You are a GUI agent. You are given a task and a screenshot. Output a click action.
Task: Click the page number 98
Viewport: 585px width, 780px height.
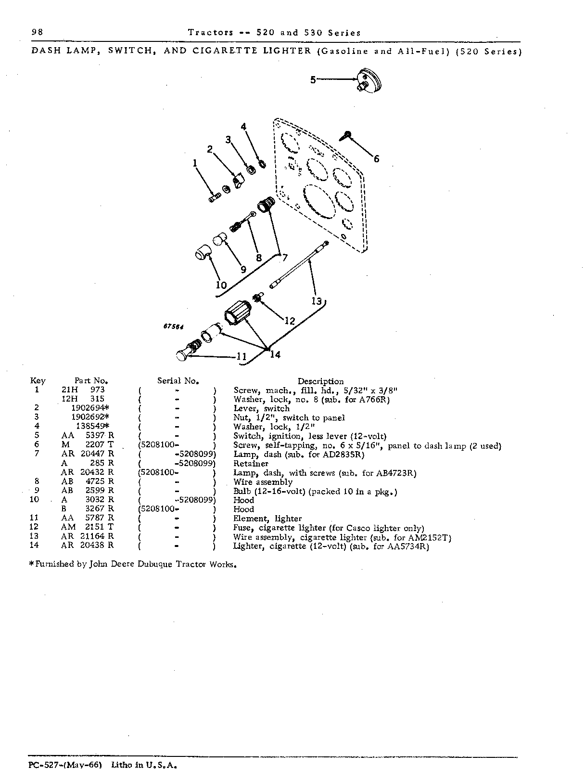(37, 32)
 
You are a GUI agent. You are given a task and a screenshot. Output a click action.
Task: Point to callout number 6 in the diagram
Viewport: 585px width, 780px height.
(376, 159)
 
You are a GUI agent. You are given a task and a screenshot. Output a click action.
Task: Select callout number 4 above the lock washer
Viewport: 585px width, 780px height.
(243, 127)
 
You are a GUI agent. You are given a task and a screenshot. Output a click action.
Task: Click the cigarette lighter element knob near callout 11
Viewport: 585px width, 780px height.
(182, 355)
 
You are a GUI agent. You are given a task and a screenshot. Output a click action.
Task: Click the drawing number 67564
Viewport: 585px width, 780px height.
(173, 326)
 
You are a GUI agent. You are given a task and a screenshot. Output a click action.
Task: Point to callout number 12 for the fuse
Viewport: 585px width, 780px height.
(290, 321)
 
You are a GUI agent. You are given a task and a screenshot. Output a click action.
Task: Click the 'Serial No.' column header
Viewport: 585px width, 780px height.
(178, 381)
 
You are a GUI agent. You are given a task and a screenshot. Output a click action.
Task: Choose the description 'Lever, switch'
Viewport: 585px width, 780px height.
(261, 409)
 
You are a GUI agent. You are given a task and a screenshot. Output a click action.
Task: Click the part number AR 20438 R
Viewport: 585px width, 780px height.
(88, 545)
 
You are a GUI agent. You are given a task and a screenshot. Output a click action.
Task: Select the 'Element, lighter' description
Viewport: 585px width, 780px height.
(267, 519)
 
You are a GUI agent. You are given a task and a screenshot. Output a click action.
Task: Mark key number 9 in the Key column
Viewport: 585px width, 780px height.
(37, 490)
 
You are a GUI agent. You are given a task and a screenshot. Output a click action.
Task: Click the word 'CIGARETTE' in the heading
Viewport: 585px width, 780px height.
(225, 51)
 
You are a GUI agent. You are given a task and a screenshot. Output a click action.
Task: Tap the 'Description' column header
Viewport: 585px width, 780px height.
(320, 381)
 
